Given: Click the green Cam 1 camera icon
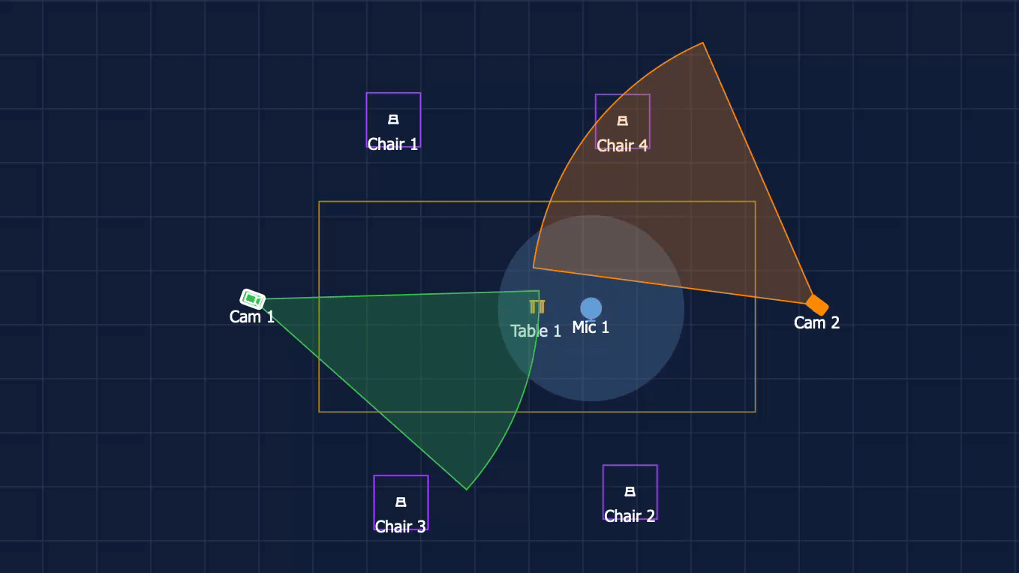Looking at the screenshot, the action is pyautogui.click(x=252, y=299).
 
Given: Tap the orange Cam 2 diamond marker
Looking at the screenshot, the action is pyautogui.click(x=817, y=304).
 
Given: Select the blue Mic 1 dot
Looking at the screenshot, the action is pyautogui.click(x=591, y=308).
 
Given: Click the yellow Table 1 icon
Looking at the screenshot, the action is pyautogui.click(x=537, y=307).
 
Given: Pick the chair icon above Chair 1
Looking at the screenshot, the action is pyautogui.click(x=393, y=119).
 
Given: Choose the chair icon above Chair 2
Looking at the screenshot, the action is pyautogui.click(x=630, y=491).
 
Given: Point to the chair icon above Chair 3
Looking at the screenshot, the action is pyautogui.click(x=401, y=502).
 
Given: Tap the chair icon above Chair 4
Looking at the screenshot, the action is pyautogui.click(x=623, y=121).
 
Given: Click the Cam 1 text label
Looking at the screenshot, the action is pyautogui.click(x=252, y=317).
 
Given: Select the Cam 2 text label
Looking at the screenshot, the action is pyautogui.click(x=816, y=323).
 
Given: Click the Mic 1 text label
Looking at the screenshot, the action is pyautogui.click(x=591, y=328).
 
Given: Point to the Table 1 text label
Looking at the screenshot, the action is pyautogui.click(x=536, y=331).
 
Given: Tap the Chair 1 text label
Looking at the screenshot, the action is pyautogui.click(x=392, y=145).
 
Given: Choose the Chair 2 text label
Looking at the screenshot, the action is pyautogui.click(x=630, y=516).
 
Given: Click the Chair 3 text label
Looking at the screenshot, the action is pyautogui.click(x=401, y=526).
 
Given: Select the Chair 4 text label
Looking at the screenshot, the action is pyautogui.click(x=622, y=146).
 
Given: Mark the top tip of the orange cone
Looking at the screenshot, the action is pyautogui.click(x=703, y=43).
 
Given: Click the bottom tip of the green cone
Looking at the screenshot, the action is pyautogui.click(x=466, y=490).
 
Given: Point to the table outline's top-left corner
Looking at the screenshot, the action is pyautogui.click(x=319, y=202).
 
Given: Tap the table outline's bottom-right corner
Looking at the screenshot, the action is pyautogui.click(x=756, y=412).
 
